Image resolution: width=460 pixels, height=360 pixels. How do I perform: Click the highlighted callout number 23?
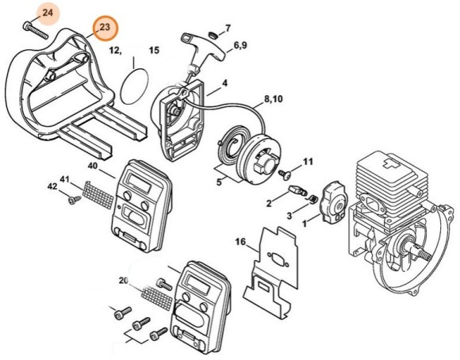[105, 27]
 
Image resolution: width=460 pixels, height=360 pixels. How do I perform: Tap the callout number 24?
[48, 13]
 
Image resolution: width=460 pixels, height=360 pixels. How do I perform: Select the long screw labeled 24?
[35, 30]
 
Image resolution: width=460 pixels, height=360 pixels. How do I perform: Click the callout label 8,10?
[274, 99]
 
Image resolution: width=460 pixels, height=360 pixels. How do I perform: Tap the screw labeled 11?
[284, 174]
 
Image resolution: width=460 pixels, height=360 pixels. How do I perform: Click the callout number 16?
[240, 242]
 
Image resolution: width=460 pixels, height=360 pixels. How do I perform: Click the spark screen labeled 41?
[98, 194]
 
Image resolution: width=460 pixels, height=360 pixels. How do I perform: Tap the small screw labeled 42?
[74, 200]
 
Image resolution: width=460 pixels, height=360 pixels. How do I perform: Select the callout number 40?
[93, 166]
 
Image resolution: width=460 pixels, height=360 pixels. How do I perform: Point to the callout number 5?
[219, 182]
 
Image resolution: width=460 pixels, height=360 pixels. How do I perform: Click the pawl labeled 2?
[297, 190]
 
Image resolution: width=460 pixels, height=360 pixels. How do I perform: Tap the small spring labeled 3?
[313, 199]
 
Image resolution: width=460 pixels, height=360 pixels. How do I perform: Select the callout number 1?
[305, 224]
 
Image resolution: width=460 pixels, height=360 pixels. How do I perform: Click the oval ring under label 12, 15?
[134, 86]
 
